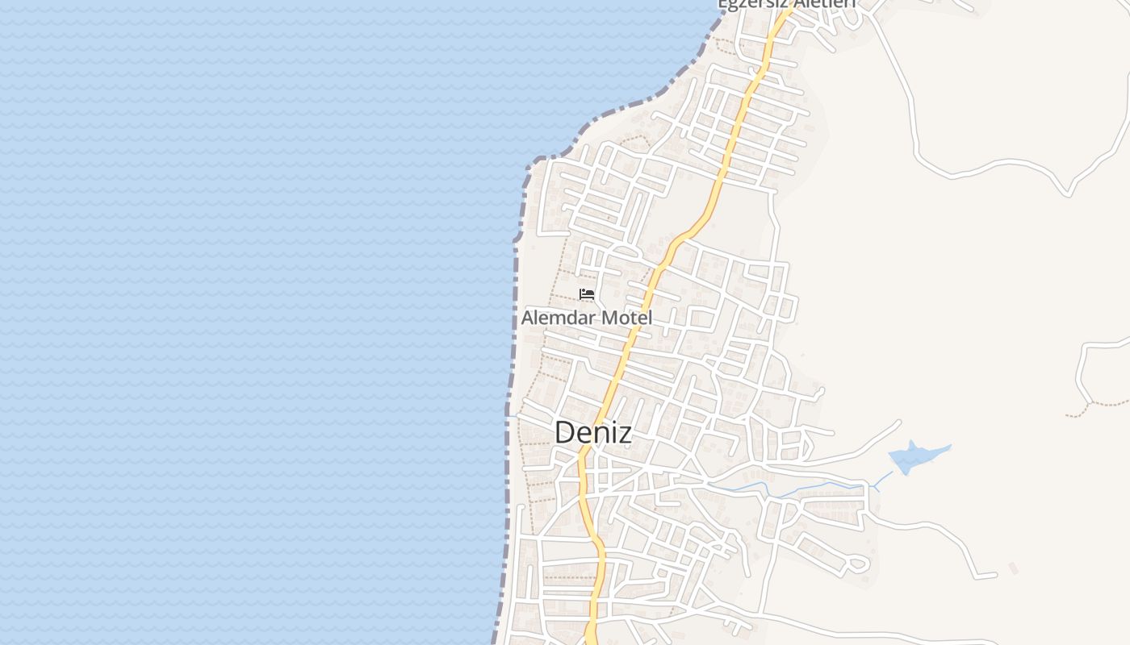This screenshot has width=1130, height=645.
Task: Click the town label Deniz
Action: click(x=592, y=433)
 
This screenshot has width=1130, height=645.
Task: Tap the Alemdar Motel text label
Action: click(x=586, y=318)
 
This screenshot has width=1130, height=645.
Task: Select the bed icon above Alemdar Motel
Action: click(x=587, y=294)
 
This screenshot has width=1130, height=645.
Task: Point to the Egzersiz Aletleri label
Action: click(x=786, y=4)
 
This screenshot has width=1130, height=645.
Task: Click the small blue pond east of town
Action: click(x=916, y=457)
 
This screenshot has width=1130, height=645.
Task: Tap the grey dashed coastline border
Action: click(x=514, y=322)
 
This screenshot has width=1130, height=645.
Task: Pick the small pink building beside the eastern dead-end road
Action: click(x=1013, y=568)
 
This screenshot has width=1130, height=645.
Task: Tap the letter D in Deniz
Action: click(x=565, y=433)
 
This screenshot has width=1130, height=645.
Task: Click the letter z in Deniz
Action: click(x=624, y=434)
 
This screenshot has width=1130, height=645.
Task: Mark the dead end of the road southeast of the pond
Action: click(x=994, y=575)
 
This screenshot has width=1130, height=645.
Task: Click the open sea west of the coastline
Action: click(x=242, y=322)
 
